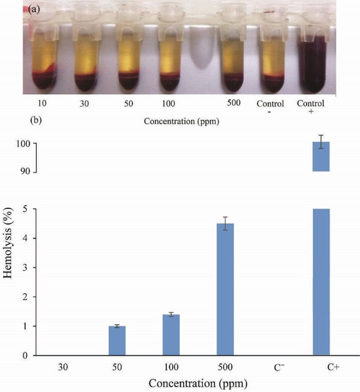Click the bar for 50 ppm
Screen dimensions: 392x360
[117, 341]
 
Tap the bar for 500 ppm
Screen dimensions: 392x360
[225, 289]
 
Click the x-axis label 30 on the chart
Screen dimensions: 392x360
[63, 367]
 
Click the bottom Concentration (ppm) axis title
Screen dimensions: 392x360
[197, 383]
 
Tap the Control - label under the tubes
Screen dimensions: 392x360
[270, 107]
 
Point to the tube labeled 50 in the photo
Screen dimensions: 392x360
[128, 56]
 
